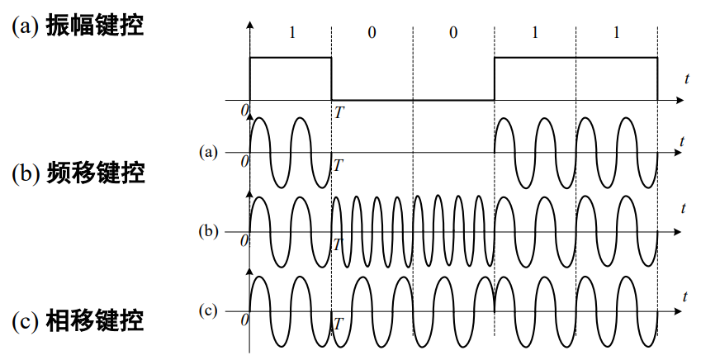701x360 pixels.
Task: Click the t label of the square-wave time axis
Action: tap(687, 78)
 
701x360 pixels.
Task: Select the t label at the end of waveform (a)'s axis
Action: tap(682, 142)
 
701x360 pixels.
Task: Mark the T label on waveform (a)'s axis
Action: tap(338, 165)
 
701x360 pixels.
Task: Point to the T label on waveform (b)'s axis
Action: tap(337, 244)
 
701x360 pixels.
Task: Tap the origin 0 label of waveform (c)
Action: tap(244, 319)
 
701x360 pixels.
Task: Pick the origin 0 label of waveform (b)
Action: tap(244, 240)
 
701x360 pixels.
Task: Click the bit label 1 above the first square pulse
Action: tap(291, 33)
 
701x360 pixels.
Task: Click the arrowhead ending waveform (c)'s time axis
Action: tap(679, 311)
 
